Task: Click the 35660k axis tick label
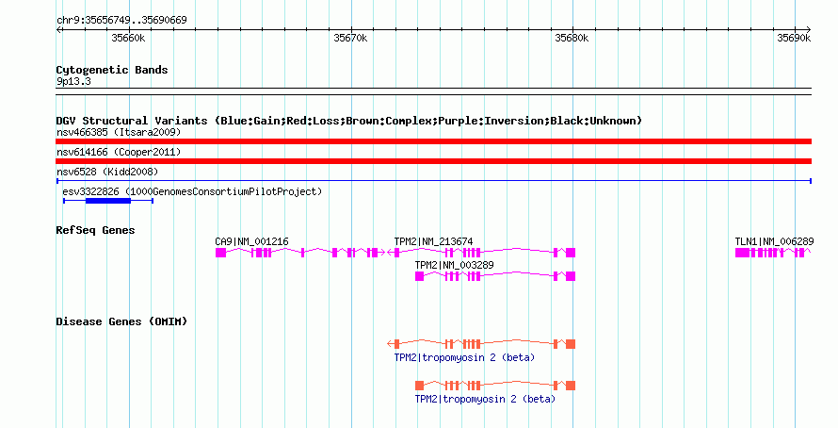(128, 38)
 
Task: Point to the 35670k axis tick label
(350, 38)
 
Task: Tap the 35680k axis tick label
(572, 38)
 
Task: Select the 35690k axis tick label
(794, 38)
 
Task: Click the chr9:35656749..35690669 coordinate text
(121, 21)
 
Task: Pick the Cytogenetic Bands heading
(112, 70)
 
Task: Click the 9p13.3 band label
(73, 81)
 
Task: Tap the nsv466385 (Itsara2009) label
(119, 132)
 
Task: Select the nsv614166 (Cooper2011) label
(119, 152)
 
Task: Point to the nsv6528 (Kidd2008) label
(107, 172)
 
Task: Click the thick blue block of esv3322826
(108, 201)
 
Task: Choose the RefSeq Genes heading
(96, 230)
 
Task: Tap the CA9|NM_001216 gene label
(251, 242)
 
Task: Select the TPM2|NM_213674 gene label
(433, 242)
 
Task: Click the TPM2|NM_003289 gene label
(454, 265)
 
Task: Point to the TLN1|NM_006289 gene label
(774, 242)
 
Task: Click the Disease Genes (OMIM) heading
(121, 321)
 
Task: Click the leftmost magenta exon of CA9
(220, 253)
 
